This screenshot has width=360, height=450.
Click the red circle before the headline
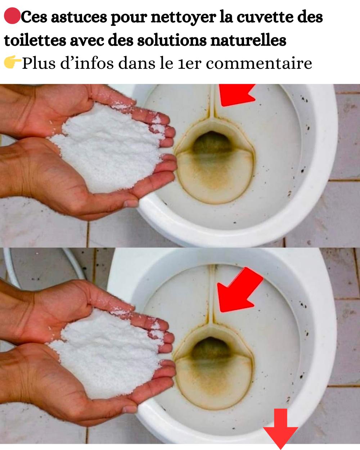[x=12, y=16]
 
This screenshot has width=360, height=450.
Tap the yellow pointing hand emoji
[x=13, y=62]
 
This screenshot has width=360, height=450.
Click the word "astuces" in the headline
[x=79, y=17]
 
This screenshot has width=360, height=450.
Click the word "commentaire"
[x=259, y=63]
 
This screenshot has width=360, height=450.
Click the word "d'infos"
[x=87, y=63]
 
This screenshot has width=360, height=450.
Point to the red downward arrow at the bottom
[x=280, y=430]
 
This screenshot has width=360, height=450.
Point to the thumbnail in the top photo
[x=131, y=203]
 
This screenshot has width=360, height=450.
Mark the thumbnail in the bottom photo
[x=130, y=409]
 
